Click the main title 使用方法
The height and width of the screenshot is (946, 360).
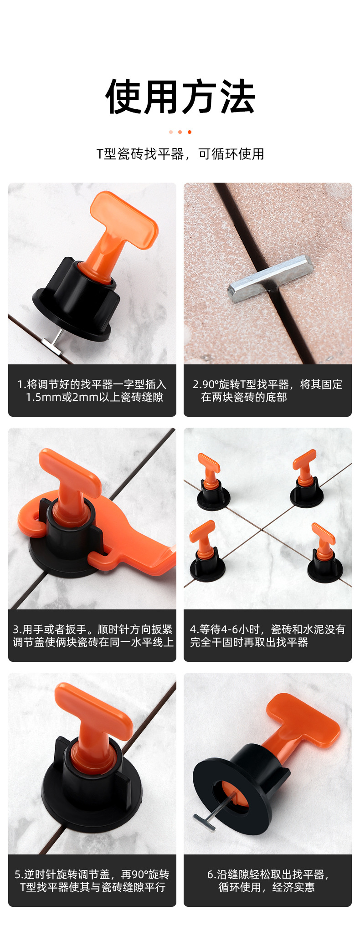[180, 97]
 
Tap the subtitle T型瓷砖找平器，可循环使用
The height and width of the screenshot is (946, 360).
[180, 154]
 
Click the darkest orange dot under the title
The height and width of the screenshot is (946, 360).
[190, 132]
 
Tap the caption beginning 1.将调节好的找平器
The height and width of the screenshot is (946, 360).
[92, 390]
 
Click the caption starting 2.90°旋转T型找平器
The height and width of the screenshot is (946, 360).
[267, 390]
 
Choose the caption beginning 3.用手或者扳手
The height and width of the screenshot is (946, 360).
[92, 635]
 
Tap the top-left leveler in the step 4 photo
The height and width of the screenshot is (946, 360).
[211, 483]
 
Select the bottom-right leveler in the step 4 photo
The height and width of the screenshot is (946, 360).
[324, 555]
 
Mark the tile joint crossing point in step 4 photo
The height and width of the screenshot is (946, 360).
[263, 529]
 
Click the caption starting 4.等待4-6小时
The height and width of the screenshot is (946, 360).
[267, 635]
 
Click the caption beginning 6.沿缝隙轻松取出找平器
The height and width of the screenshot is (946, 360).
[267, 880]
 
